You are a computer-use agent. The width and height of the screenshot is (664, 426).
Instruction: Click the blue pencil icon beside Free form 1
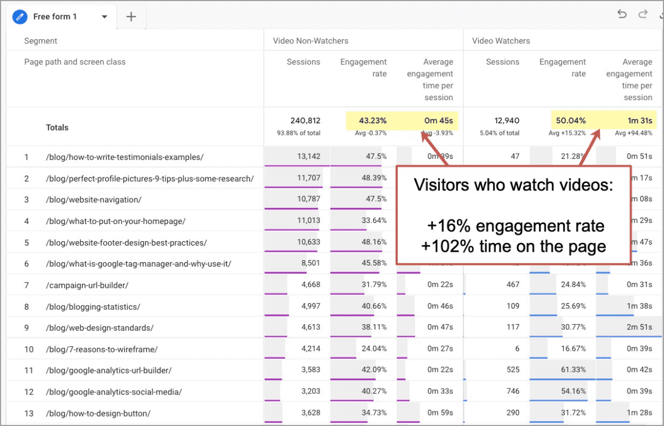[20, 17]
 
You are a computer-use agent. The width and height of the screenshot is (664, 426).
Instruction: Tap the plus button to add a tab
[131, 17]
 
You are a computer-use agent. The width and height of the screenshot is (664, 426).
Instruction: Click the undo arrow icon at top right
[622, 14]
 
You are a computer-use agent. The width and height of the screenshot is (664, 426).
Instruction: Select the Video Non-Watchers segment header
[310, 41]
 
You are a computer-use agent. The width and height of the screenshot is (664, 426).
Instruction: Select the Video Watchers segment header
[501, 41]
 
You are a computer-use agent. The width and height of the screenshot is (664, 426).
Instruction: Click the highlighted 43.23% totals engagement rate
[372, 121]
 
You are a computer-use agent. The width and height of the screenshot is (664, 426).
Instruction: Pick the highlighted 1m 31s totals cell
[639, 121]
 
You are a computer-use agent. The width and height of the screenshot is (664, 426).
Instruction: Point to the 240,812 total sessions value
[305, 121]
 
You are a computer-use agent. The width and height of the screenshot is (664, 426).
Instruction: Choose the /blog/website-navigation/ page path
[94, 200]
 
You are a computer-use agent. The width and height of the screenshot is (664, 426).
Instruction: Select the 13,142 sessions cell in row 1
[309, 157]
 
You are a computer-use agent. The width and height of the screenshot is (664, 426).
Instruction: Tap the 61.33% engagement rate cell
[573, 370]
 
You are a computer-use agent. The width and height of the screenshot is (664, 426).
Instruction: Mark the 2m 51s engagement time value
[640, 328]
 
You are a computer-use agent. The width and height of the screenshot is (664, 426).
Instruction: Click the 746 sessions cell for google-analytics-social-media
[513, 392]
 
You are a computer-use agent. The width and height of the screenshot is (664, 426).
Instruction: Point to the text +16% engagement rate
[515, 226]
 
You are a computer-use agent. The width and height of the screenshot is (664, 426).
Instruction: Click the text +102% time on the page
[513, 246]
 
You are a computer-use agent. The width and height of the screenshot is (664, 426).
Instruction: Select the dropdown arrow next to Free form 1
[105, 17]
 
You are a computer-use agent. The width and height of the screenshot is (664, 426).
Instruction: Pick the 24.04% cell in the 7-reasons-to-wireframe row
[373, 349]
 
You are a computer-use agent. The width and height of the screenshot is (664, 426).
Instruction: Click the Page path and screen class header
[75, 62]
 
